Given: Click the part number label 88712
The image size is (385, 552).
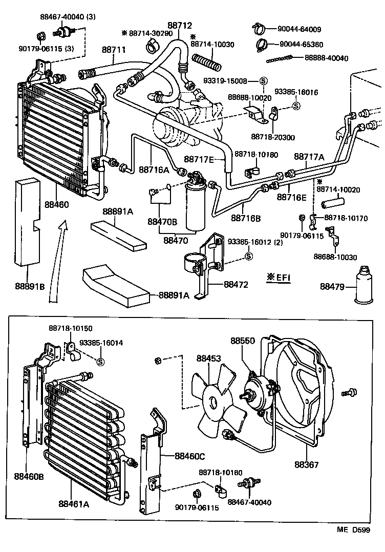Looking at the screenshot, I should click(178, 25).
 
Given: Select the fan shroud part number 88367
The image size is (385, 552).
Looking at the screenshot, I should click(306, 465).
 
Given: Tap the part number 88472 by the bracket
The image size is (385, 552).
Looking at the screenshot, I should click(235, 282).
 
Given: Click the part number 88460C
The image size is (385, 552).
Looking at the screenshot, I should click(189, 455).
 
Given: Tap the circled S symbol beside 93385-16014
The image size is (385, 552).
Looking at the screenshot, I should click(100, 362).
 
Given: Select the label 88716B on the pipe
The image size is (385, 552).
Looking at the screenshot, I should click(246, 218).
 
